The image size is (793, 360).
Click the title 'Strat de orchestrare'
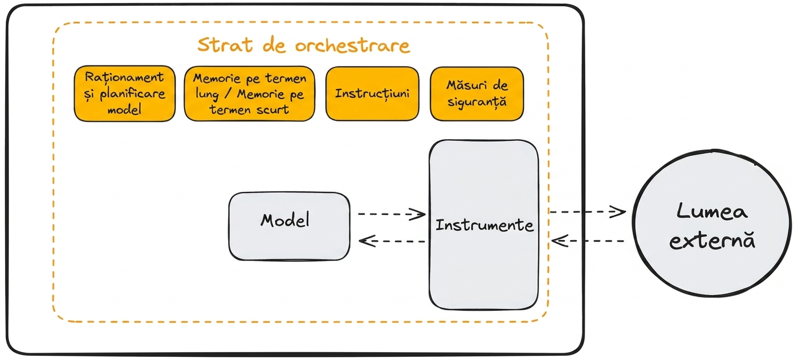pos(304,46)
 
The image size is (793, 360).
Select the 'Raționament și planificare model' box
pos(124,94)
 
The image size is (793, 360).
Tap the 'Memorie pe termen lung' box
pos(250,94)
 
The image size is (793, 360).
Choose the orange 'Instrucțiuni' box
pos(372,94)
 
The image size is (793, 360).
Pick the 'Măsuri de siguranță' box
pos(477,94)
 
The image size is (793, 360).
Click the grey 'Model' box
pos(289,226)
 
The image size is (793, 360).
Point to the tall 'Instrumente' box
pos(483,225)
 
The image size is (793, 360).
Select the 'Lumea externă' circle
pos(712,223)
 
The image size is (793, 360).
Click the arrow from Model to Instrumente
pos(392,214)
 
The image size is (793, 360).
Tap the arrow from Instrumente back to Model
pos(392,241)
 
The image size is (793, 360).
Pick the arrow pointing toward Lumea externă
pos(587,212)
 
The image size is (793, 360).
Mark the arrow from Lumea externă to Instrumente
pos(587,241)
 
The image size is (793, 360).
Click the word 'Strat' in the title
pos(225,45)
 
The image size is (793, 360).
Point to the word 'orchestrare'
pos(353,46)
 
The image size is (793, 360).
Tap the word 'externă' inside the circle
pos(712,241)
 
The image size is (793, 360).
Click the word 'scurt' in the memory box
pos(273,110)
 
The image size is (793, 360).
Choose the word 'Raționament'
pos(124,77)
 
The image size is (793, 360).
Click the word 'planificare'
pos(132,94)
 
